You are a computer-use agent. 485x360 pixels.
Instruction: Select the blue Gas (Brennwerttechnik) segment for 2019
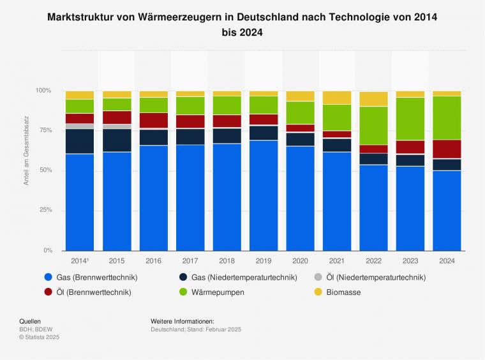point(264,195)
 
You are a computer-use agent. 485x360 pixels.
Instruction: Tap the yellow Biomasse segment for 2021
point(337,97)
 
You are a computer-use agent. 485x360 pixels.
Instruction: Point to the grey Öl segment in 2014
point(80,126)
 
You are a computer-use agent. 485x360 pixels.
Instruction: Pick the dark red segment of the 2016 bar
point(153,121)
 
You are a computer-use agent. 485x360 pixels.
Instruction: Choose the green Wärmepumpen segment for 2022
point(373,126)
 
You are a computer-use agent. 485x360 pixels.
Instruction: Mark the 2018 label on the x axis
point(227,261)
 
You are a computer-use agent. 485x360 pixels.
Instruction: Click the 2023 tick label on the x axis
point(410,261)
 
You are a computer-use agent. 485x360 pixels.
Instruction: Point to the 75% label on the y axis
point(43,130)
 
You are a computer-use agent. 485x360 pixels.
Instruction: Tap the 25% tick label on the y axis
point(43,210)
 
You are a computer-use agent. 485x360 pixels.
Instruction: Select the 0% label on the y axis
point(47,250)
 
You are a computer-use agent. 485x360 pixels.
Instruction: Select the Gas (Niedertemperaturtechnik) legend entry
point(242,277)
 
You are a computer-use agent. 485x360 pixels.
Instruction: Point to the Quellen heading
point(31,321)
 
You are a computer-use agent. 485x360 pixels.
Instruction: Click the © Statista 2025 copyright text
point(39,336)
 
